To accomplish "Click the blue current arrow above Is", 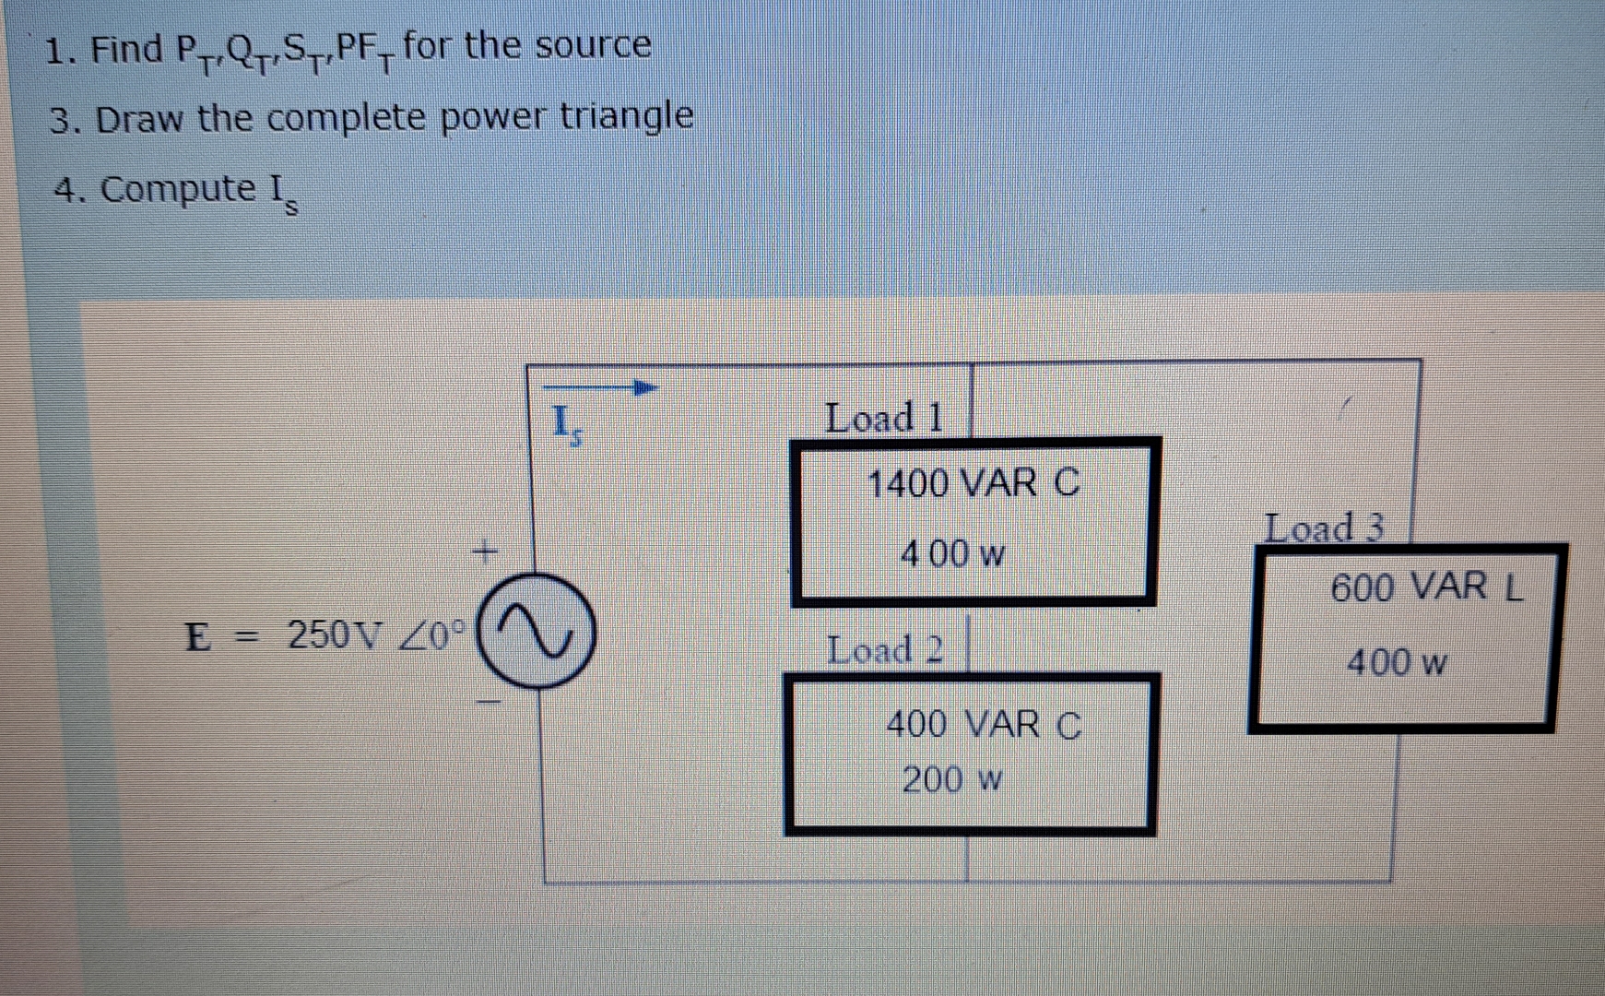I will coord(601,388).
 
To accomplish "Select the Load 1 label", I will coord(883,418).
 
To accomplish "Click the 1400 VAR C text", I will coord(974,483).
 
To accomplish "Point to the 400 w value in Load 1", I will coord(951,554).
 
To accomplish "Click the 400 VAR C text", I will coord(983,725).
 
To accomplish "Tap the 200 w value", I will coord(951,780).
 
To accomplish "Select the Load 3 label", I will coord(1324,528).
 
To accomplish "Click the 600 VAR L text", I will coord(1426,587).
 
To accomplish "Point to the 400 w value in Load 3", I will coord(1397,662).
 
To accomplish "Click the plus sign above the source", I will coord(484,552).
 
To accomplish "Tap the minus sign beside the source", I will coord(488,704).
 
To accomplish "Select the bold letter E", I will coord(196,636).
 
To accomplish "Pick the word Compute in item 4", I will coord(178,189).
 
